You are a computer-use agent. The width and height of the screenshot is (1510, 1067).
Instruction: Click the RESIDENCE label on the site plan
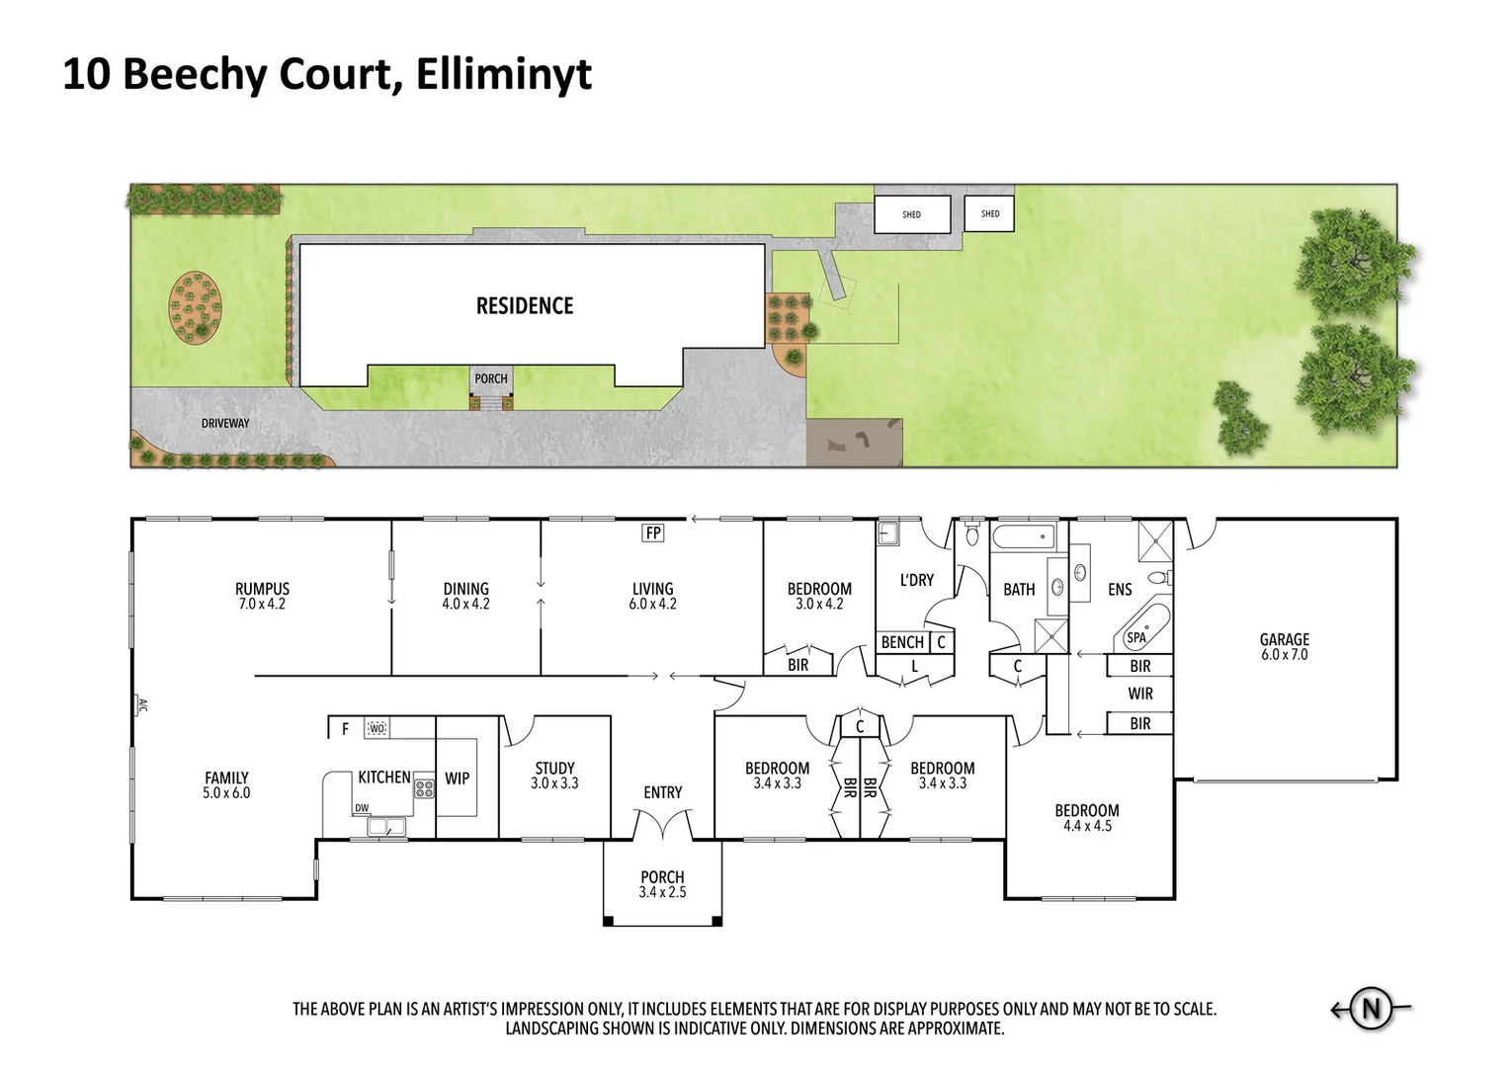coord(525,306)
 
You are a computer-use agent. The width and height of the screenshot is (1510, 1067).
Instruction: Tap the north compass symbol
coord(1371,1009)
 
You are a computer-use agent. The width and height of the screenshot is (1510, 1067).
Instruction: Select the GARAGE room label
coord(1284,639)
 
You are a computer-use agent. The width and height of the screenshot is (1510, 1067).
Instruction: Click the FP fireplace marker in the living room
coord(652,533)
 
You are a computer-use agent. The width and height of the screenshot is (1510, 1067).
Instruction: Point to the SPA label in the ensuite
coord(1136,637)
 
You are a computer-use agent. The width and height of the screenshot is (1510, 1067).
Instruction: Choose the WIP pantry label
coord(457,779)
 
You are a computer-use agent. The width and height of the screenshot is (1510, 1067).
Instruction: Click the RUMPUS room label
coord(262,589)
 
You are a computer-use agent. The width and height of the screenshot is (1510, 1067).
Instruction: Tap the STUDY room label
coord(554,768)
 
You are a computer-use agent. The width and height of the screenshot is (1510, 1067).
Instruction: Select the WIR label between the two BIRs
coord(1140,694)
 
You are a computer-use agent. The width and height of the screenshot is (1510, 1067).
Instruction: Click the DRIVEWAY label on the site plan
coord(225,423)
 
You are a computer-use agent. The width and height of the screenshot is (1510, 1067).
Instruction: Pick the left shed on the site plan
coord(911,214)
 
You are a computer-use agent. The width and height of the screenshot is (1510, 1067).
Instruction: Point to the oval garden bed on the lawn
coord(196,307)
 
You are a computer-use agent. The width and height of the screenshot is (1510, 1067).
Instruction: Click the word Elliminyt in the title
coord(503,75)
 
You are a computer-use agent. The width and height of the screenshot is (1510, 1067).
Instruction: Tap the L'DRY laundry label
coord(916,580)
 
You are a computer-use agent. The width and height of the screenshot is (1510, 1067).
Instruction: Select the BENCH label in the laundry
coord(901,642)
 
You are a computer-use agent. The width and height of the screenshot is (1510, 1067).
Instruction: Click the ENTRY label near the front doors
coord(662,792)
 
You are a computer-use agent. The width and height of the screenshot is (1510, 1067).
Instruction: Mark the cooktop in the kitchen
coord(424,788)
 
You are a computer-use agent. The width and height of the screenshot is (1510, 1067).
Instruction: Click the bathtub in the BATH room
coord(1023,538)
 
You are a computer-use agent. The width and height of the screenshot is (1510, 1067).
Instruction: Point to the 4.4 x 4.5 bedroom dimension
coord(1087,826)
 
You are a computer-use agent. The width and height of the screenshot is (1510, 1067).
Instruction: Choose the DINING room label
coord(465,589)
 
